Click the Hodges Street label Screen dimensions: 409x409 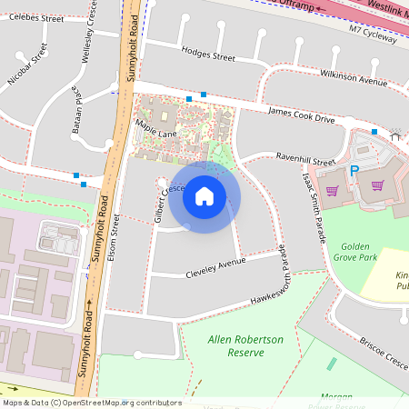coord(208,55)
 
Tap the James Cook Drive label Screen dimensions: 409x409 coord(301,115)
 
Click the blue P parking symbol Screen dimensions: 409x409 coord(355,172)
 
